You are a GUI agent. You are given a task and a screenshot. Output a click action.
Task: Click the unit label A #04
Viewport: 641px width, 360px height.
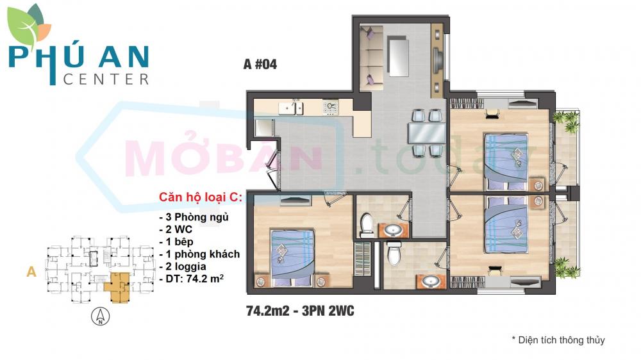260,64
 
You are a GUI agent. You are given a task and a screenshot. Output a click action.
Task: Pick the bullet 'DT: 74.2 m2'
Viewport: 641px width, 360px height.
192,279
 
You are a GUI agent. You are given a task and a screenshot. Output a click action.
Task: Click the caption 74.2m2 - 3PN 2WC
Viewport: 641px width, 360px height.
300,311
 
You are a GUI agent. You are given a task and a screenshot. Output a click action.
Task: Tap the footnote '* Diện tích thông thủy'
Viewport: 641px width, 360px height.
558,340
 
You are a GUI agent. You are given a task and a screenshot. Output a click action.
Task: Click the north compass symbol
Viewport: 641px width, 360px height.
99,316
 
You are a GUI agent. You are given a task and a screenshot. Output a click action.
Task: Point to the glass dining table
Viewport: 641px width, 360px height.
427,133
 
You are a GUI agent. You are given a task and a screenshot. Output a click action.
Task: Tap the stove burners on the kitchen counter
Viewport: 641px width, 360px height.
331,107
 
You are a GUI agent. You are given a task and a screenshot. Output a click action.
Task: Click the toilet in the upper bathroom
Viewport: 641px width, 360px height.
367,224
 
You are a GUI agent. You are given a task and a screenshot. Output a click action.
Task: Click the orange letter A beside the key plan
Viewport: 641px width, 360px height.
30,272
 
